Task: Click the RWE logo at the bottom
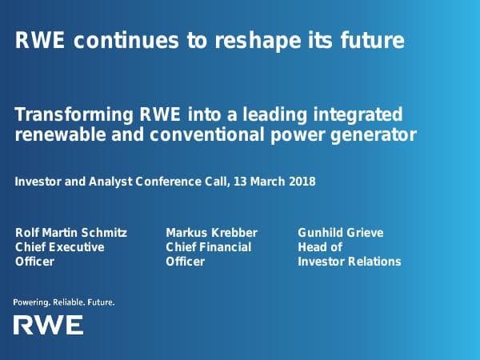(x=48, y=325)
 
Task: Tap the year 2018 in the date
(x=302, y=182)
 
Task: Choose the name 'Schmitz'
(x=105, y=233)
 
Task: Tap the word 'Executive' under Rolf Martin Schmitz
(x=78, y=247)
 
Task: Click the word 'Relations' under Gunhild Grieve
(x=373, y=262)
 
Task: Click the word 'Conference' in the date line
(x=169, y=182)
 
